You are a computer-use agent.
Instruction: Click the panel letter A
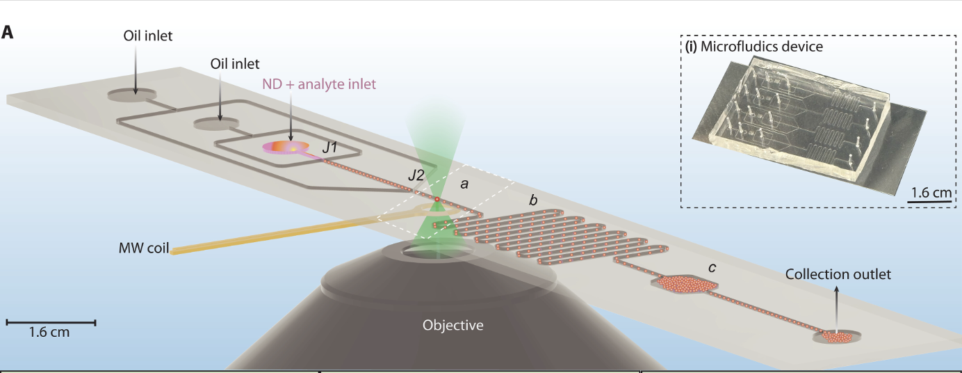tap(8, 32)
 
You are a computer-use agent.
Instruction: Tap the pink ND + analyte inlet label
tap(319, 84)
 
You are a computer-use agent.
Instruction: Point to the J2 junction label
tap(416, 175)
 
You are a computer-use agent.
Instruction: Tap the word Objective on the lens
tap(453, 324)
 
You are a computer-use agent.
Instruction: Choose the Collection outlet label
tap(838, 274)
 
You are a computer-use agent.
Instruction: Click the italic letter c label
tap(712, 267)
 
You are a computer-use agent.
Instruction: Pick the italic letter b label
tap(533, 201)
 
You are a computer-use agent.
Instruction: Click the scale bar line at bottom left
tap(51, 322)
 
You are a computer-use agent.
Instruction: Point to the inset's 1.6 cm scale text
tap(929, 193)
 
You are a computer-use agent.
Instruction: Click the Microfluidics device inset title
tap(754, 47)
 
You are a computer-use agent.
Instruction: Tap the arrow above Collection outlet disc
tap(836, 298)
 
